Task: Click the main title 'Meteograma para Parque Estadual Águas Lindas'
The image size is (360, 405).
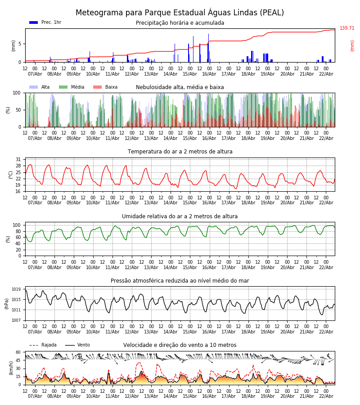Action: pyautogui.click(x=180, y=13)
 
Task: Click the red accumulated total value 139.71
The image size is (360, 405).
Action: pyautogui.click(x=347, y=28)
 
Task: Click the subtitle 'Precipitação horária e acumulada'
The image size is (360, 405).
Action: pyautogui.click(x=180, y=23)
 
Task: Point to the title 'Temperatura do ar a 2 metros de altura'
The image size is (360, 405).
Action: pyautogui.click(x=180, y=152)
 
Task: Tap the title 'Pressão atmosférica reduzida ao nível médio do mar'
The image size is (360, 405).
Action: pyautogui.click(x=180, y=281)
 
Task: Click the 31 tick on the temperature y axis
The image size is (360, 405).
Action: pyautogui.click(x=18, y=160)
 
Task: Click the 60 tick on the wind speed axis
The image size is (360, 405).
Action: pyautogui.click(x=18, y=352)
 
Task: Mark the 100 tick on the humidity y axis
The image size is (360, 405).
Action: pyautogui.click(x=17, y=225)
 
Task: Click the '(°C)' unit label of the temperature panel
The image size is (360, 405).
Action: pyautogui.click(x=11, y=174)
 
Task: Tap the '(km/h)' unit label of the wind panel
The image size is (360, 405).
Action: pyautogui.click(x=11, y=368)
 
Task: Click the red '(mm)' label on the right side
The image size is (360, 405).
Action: pyautogui.click(x=352, y=45)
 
